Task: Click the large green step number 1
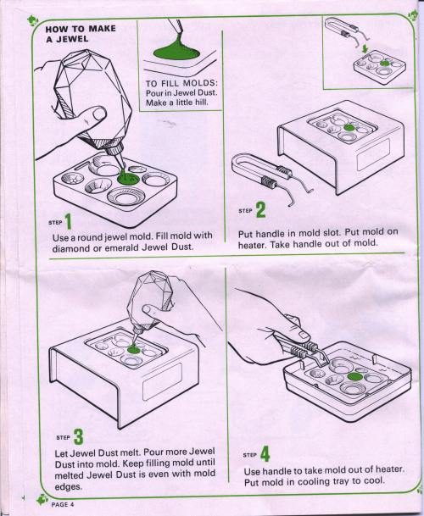tap(69, 221)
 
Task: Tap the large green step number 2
tap(260, 209)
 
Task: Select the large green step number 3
tap(78, 436)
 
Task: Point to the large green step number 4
tap(265, 453)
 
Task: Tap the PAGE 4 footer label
tap(63, 504)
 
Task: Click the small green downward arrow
tap(364, 49)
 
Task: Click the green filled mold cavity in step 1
tap(129, 178)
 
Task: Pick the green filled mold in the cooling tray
tap(354, 377)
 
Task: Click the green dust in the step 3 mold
tap(133, 349)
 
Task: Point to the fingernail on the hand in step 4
tap(303, 336)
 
